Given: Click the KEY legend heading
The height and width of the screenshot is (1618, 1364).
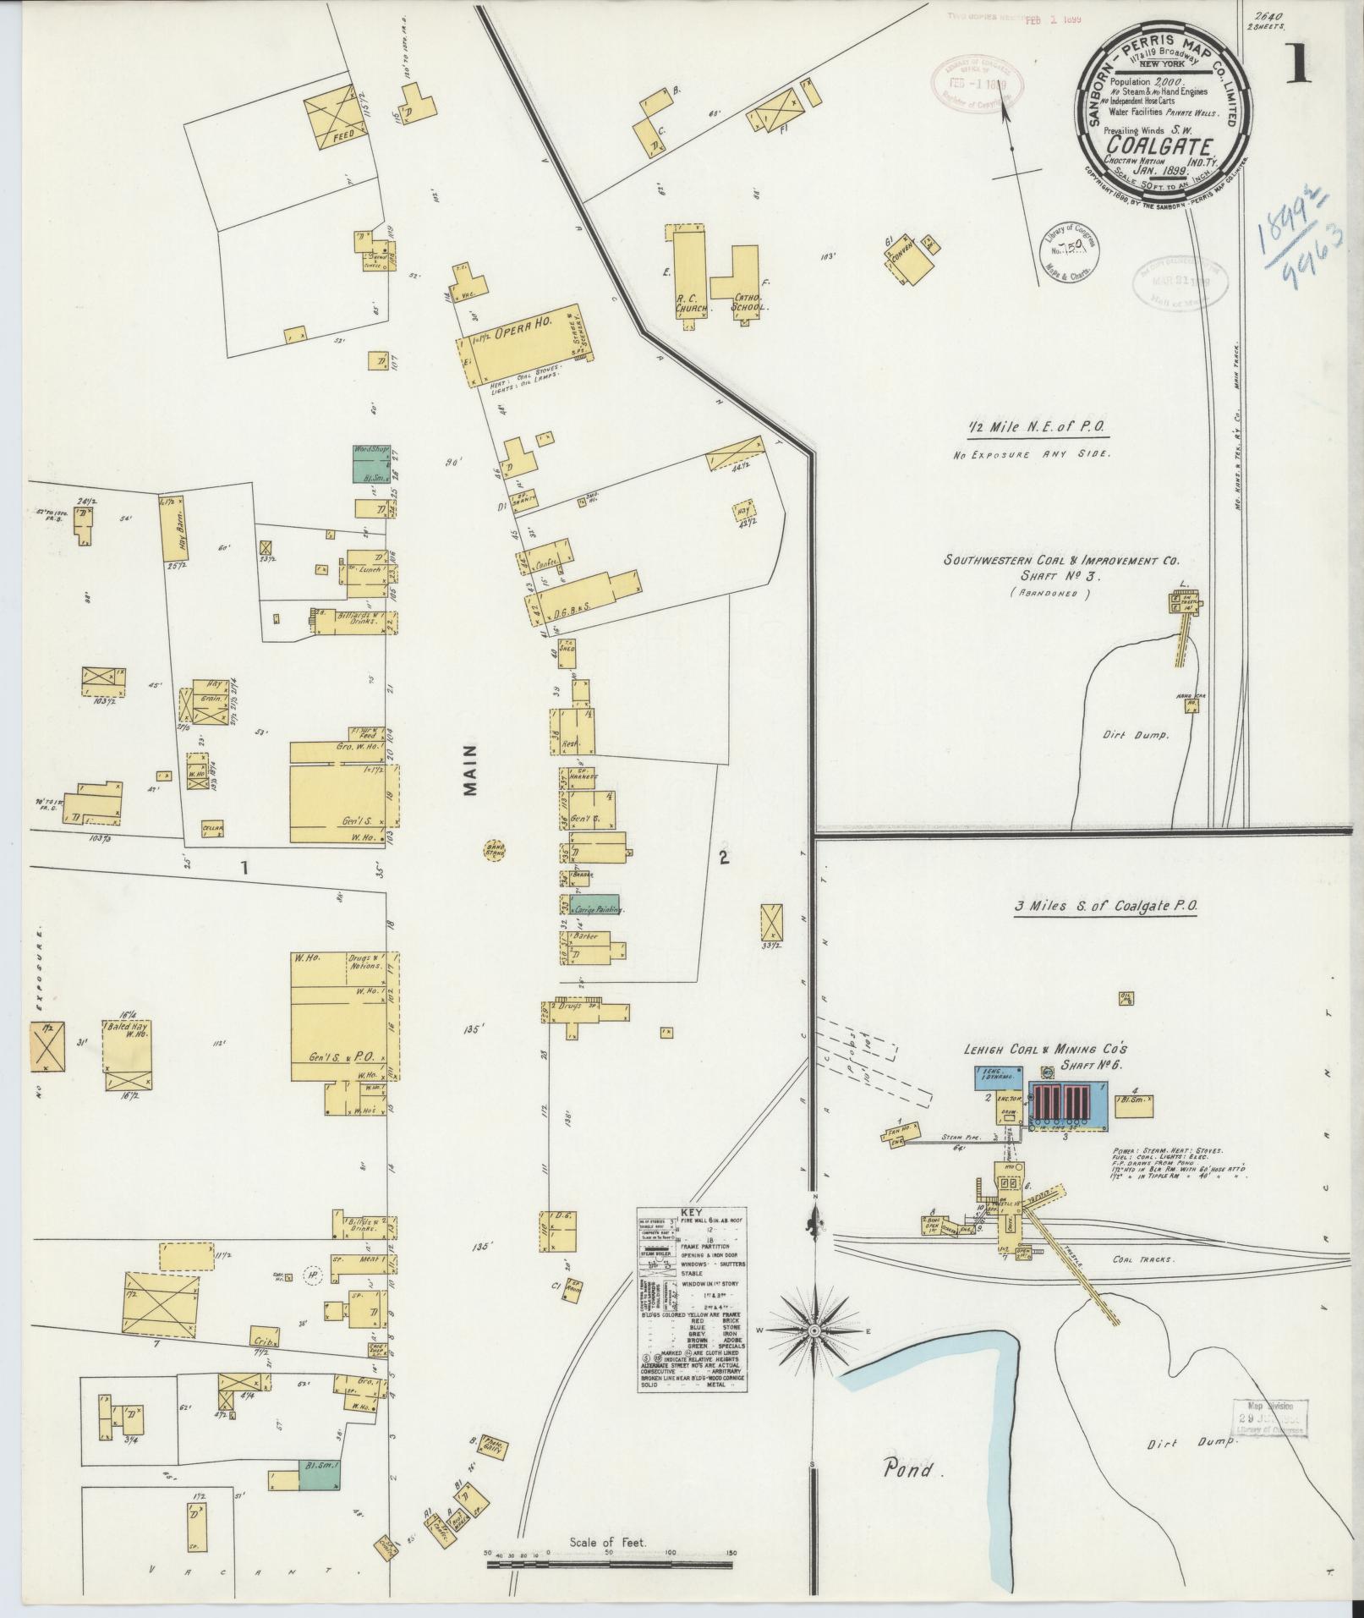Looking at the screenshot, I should [692, 1211].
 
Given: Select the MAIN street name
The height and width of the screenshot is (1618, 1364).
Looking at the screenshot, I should [471, 770].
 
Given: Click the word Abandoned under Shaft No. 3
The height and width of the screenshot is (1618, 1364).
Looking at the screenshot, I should [1048, 593].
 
